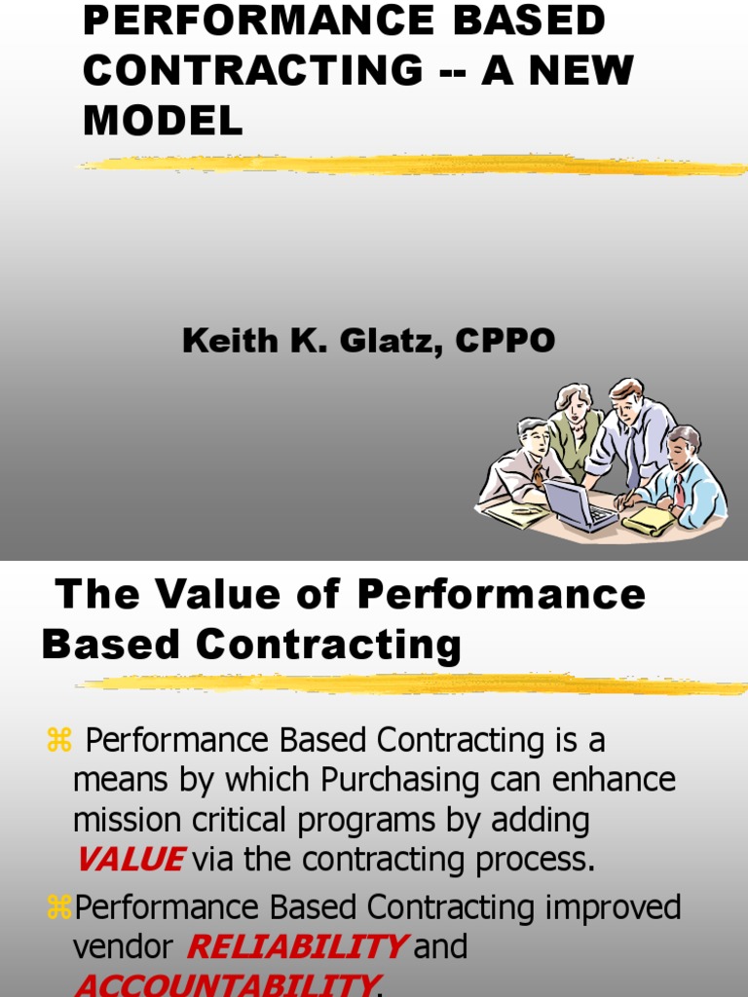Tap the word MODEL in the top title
[x=163, y=121]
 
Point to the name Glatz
[x=385, y=341]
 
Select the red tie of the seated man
[x=679, y=489]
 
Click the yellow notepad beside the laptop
[x=648, y=521]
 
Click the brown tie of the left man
[x=539, y=477]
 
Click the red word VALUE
[x=130, y=860]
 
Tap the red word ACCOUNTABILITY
[x=224, y=985]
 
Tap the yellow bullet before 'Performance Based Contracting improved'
[x=60, y=908]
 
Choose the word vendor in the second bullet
[x=124, y=947]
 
